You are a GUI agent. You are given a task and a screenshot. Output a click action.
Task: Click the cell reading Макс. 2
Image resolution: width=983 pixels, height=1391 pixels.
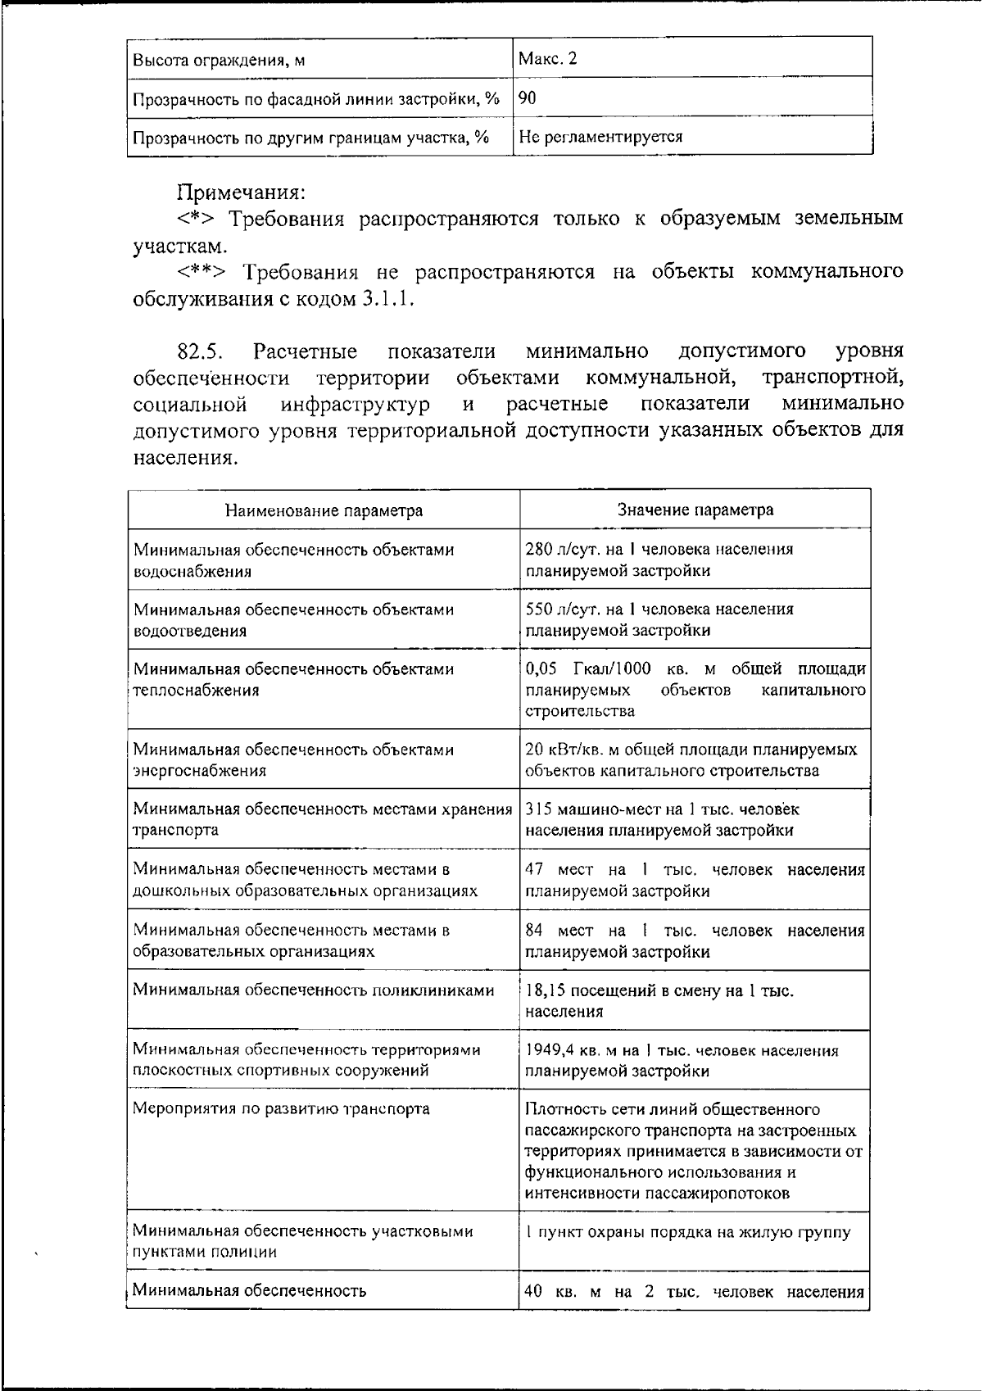[x=548, y=59]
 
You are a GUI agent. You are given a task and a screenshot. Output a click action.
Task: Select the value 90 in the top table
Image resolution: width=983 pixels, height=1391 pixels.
[x=528, y=98]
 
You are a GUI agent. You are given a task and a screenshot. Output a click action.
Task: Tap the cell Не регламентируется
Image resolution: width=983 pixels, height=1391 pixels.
[x=600, y=137]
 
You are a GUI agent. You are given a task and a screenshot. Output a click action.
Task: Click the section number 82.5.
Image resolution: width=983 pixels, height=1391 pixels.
[x=201, y=352]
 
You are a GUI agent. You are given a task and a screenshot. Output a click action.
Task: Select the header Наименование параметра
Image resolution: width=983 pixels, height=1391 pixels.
[x=324, y=511]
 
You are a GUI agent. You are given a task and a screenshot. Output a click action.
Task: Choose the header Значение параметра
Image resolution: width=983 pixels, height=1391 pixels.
[x=695, y=510]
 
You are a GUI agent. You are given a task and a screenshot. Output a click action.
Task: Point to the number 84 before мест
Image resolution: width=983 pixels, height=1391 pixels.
[x=534, y=931]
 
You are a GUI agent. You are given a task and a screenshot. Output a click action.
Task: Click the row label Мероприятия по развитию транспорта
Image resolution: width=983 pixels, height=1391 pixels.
[x=281, y=1109]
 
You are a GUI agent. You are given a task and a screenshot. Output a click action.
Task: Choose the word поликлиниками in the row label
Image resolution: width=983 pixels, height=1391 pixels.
[x=435, y=990]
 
